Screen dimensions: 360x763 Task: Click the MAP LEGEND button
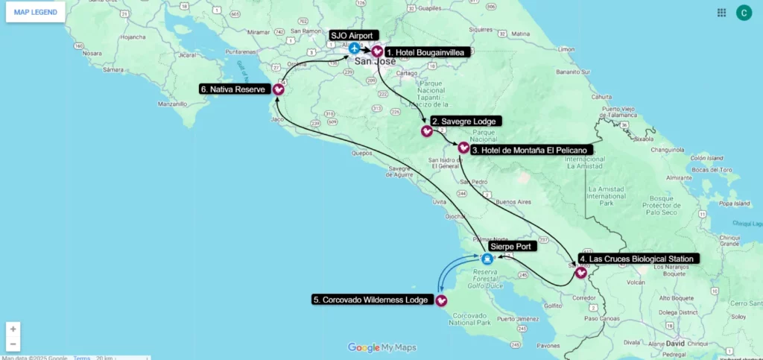[x=35, y=12]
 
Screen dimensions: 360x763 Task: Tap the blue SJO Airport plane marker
[x=355, y=48]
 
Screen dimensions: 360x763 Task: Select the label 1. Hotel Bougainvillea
[x=424, y=52]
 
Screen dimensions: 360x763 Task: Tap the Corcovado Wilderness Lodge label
[x=371, y=300]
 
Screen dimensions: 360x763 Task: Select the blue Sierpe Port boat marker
[x=487, y=259]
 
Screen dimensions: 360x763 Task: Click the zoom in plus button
[x=13, y=329]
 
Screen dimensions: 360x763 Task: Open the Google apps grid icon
[x=721, y=13]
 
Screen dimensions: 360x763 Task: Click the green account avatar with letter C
[x=744, y=13]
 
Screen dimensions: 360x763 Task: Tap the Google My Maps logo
[x=381, y=347]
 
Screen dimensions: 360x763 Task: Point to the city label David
[x=674, y=344]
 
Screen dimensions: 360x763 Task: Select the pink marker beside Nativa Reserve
[x=278, y=89]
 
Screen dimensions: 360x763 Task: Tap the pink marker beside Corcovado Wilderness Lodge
[x=441, y=300]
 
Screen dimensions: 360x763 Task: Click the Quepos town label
[x=361, y=154]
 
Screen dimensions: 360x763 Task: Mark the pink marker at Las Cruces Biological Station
[x=580, y=273]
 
